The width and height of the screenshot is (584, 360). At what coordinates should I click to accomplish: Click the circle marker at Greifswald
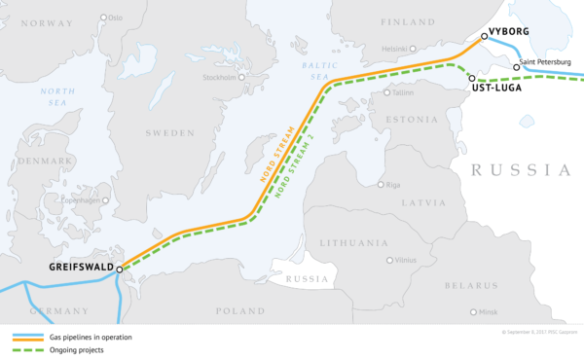[x=120, y=270]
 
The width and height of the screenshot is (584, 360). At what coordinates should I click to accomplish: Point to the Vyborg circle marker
[x=484, y=36]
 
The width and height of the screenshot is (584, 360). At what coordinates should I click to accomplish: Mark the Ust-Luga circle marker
[x=471, y=78]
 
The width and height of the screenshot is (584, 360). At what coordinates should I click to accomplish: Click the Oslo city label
[x=116, y=18]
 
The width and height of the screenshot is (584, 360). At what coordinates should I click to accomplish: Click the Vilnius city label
[x=404, y=261]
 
